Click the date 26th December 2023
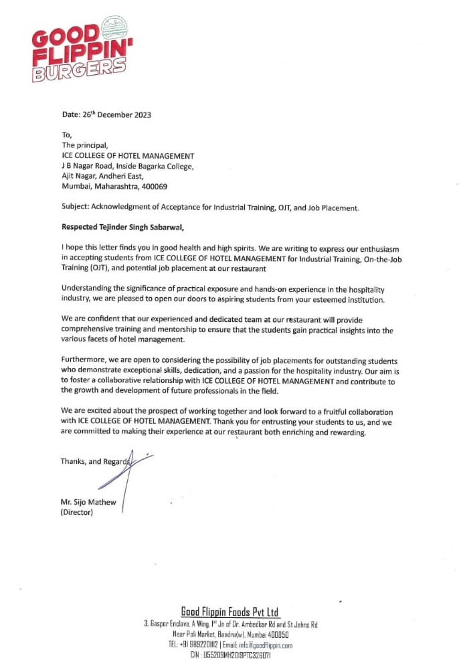(117, 114)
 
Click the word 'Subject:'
(76, 208)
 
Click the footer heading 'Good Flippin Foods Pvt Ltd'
(230, 612)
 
